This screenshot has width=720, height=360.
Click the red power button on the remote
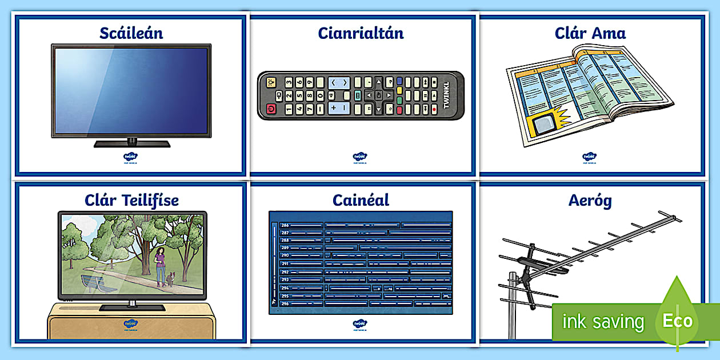[x=271, y=109]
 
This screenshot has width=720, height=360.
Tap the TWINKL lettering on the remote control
[x=447, y=95]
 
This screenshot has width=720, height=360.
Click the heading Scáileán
[x=131, y=33]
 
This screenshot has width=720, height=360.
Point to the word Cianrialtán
[x=361, y=33]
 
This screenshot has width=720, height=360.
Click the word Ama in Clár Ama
[x=608, y=33]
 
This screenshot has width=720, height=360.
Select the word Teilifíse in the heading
[x=150, y=201]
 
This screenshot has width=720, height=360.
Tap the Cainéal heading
[x=361, y=200]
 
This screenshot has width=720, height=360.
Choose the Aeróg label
[x=590, y=201]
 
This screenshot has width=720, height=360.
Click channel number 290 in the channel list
[x=285, y=255]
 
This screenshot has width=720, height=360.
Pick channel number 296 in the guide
[x=285, y=303]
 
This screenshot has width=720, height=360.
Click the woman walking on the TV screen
[x=161, y=262]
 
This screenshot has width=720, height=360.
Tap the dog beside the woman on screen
[x=170, y=279]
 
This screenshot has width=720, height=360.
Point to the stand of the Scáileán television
[x=132, y=142]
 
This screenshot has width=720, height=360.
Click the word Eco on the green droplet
[x=678, y=321]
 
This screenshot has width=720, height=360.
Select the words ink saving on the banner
[x=603, y=322]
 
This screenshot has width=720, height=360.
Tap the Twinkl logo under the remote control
[x=359, y=157]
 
